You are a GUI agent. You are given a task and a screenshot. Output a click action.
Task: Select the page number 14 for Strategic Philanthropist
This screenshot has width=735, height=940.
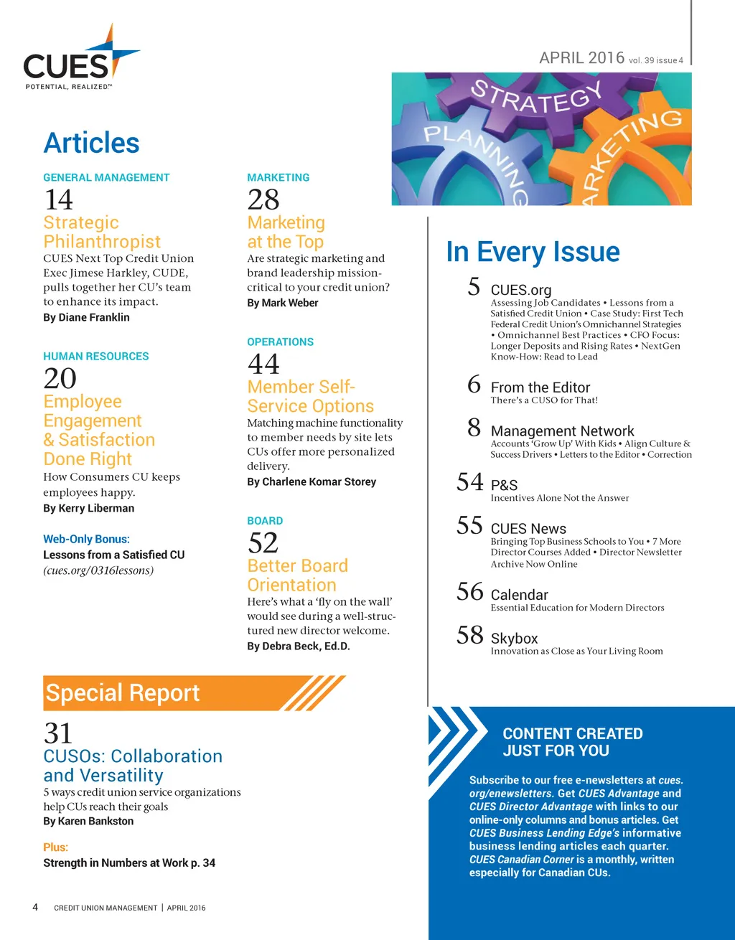pyautogui.click(x=59, y=199)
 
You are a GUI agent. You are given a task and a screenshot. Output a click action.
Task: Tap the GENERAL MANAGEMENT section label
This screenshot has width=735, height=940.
pyautogui.click(x=106, y=177)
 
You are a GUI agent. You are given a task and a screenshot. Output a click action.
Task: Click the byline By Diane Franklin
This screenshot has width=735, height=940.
pyautogui.click(x=86, y=317)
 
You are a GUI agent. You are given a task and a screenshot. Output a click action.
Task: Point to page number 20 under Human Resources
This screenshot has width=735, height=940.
pyautogui.click(x=60, y=378)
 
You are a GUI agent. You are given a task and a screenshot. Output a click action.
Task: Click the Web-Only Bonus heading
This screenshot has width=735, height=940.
pyautogui.click(x=86, y=539)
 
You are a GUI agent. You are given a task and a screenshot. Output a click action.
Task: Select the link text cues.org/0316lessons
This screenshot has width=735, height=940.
pyautogui.click(x=98, y=570)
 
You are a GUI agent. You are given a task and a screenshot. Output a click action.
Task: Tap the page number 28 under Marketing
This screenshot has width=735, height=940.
pyautogui.click(x=263, y=199)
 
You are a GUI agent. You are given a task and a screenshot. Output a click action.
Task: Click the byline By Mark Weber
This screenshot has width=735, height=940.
pyautogui.click(x=283, y=303)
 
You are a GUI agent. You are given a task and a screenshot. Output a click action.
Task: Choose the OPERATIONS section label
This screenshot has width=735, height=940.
pyautogui.click(x=280, y=342)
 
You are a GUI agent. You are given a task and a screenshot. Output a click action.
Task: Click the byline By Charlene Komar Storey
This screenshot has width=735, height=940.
pyautogui.click(x=312, y=481)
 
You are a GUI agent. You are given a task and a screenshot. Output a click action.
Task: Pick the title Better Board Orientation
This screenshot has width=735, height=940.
pyautogui.click(x=297, y=575)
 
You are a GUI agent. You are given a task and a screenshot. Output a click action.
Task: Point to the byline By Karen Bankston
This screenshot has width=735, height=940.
pyautogui.click(x=88, y=821)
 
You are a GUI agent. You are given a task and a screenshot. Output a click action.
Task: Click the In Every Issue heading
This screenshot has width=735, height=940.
pyautogui.click(x=533, y=252)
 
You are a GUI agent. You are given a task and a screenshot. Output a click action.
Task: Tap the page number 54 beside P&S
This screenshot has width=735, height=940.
pyautogui.click(x=470, y=481)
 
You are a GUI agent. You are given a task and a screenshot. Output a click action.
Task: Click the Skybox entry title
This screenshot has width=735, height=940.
pyautogui.click(x=514, y=638)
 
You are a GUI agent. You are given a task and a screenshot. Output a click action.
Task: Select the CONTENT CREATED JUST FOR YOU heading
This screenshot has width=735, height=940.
pyautogui.click(x=572, y=742)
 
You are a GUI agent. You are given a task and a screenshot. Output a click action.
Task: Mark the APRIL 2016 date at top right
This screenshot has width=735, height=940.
pyautogui.click(x=582, y=58)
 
